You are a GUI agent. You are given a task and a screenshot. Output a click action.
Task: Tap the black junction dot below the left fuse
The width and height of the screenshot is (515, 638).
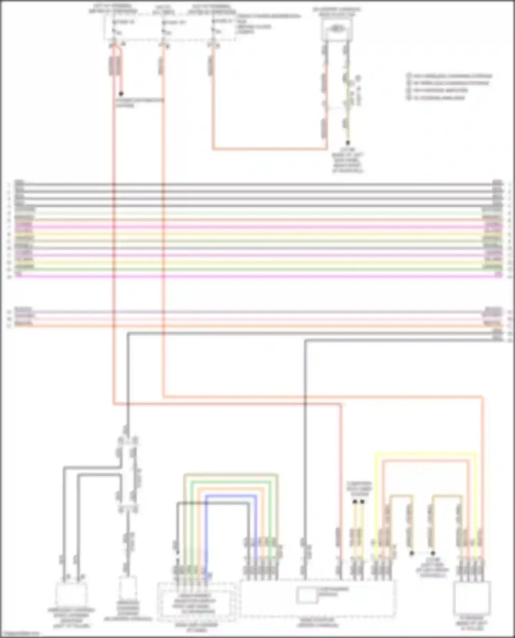[x=121, y=94]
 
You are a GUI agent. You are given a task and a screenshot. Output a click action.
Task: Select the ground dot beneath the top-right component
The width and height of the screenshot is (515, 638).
[x=348, y=143]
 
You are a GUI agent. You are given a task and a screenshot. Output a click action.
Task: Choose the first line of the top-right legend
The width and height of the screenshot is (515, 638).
[x=450, y=76]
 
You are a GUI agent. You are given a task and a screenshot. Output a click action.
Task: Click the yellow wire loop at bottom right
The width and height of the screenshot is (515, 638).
[x=426, y=454]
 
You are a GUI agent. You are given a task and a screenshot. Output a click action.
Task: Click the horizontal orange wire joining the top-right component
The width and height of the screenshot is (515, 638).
[x=270, y=149]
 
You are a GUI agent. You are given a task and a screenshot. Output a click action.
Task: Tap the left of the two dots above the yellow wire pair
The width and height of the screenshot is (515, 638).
[x=355, y=502]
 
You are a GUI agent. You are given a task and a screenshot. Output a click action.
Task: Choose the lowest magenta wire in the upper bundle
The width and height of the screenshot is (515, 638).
[x=257, y=276]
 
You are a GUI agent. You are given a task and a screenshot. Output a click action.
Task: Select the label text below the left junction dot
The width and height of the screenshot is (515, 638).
[x=139, y=103]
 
